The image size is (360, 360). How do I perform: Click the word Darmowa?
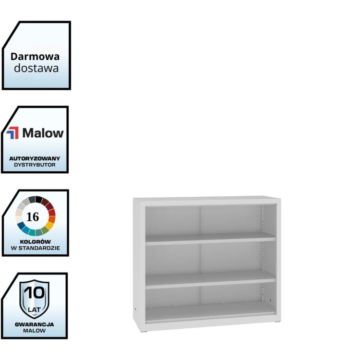coord(35,56)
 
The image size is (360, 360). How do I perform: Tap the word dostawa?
coord(36,68)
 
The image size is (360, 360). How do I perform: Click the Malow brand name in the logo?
coord(43,133)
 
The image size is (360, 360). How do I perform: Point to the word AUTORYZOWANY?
coord(35,158)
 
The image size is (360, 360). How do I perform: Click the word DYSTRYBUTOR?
coord(35,164)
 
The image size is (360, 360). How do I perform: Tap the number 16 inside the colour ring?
coord(33,216)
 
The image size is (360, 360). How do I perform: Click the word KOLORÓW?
coord(36,241)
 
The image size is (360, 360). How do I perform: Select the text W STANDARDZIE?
coord(36,248)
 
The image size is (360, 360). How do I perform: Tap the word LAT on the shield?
coord(34,310)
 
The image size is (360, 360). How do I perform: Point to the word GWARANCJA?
coord(34,324)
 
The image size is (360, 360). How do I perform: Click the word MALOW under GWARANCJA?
coord(34,331)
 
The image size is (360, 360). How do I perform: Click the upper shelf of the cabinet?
coord(210,239)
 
